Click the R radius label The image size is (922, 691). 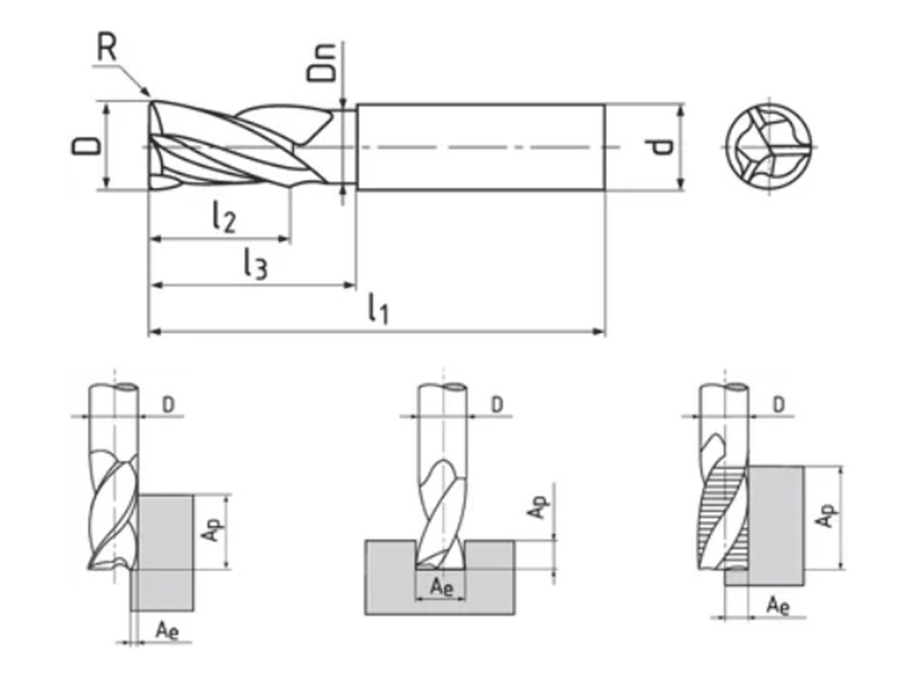tap(107, 48)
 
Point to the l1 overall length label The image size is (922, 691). tap(377, 310)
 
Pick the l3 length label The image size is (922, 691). tap(255, 264)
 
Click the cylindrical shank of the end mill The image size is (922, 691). tap(481, 147)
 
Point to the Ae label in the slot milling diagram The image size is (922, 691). tap(440, 587)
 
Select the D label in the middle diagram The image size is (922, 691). tap(496, 405)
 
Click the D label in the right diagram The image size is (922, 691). tap(779, 405)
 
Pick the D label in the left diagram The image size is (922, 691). tap(168, 405)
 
